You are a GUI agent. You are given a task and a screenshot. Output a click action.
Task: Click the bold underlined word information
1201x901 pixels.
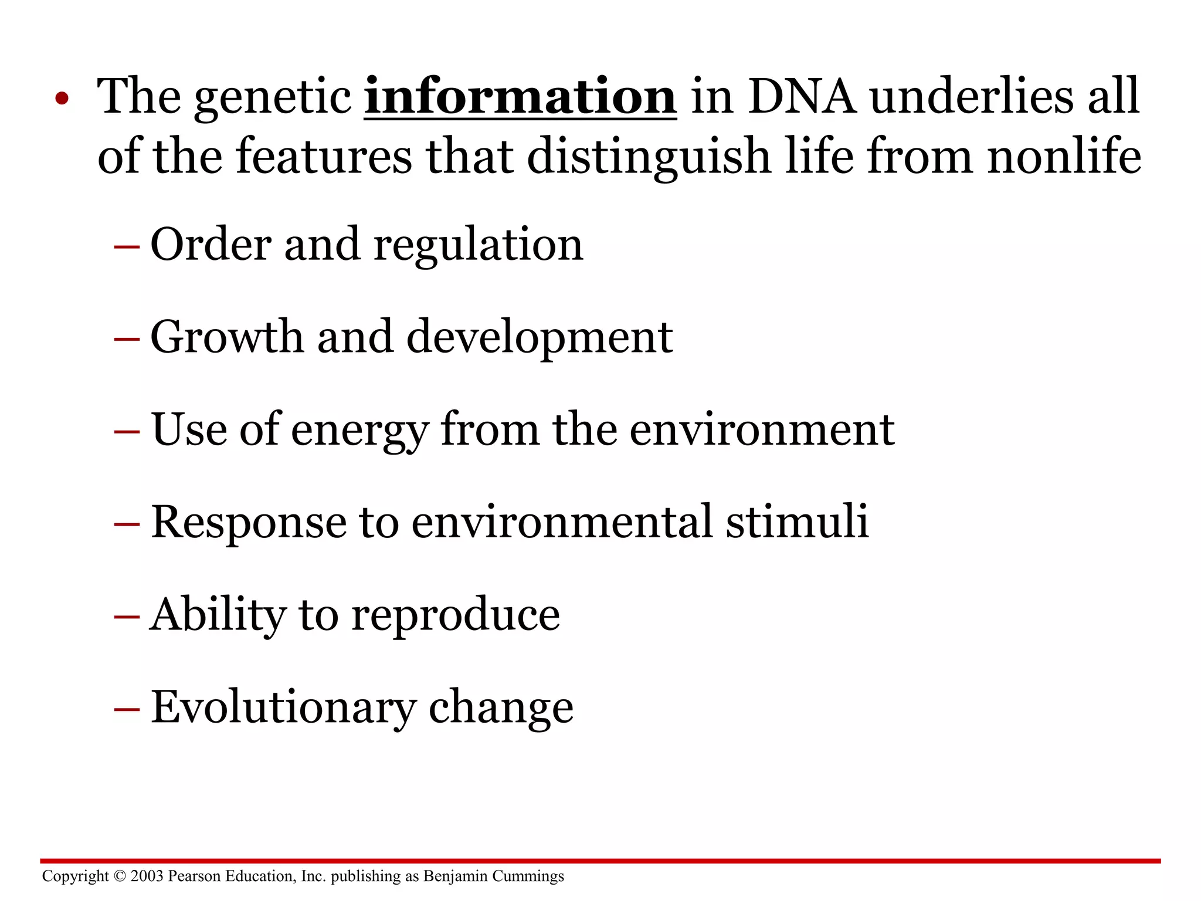pyautogui.click(x=520, y=97)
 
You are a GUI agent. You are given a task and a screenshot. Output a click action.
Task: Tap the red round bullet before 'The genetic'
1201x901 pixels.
pyautogui.click(x=62, y=99)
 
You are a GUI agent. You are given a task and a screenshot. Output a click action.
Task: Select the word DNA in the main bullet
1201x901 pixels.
pyautogui.click(x=802, y=97)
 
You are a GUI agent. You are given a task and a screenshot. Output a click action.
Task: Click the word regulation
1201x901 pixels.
pyautogui.click(x=478, y=245)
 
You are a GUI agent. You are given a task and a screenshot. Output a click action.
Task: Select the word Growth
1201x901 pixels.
pyautogui.click(x=227, y=337)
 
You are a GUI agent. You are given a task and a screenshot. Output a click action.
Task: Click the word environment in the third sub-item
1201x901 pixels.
pyautogui.click(x=762, y=430)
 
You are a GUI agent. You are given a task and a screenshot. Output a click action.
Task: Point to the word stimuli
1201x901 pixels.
pyautogui.click(x=797, y=521)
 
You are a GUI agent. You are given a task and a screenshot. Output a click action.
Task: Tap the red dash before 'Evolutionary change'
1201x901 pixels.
pyautogui.click(x=127, y=710)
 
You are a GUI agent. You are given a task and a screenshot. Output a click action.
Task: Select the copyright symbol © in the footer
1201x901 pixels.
pyautogui.click(x=120, y=876)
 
